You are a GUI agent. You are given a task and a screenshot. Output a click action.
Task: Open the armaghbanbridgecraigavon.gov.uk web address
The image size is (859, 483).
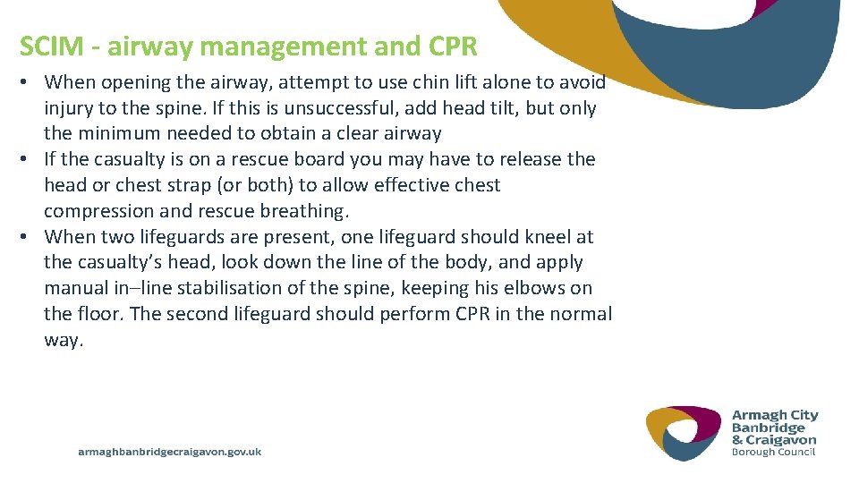pyautogui.click(x=170, y=453)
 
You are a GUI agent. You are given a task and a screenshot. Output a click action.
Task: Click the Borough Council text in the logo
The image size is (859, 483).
pyautogui.click(x=774, y=452)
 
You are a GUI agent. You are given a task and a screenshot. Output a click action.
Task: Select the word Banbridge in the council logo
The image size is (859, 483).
pyautogui.click(x=768, y=428)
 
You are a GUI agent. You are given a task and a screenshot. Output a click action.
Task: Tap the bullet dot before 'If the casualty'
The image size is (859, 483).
pyautogui.click(x=26, y=159)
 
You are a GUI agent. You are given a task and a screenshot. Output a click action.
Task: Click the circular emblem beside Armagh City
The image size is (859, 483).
pyautogui.click(x=684, y=434)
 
